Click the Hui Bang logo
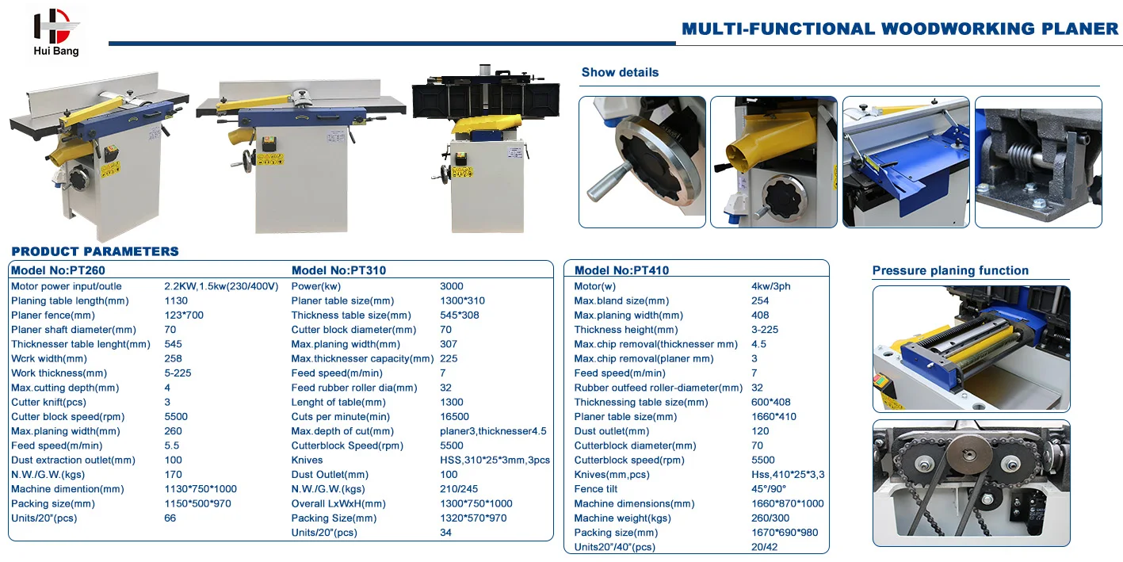(56, 32)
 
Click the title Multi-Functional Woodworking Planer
(900, 29)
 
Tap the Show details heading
(620, 72)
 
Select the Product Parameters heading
(95, 251)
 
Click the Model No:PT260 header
(58, 270)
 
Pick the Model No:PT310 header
(338, 270)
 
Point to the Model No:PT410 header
(621, 270)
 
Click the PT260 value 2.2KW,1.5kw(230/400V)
(221, 286)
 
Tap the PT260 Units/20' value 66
(170, 518)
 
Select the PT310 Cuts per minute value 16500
(454, 417)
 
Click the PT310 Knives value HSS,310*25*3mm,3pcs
(495, 460)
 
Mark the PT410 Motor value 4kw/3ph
(770, 286)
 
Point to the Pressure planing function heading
(950, 270)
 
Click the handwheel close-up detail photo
(642, 162)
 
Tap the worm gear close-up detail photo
(1038, 162)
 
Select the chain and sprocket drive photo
(971, 483)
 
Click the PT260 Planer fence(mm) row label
(52, 315)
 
